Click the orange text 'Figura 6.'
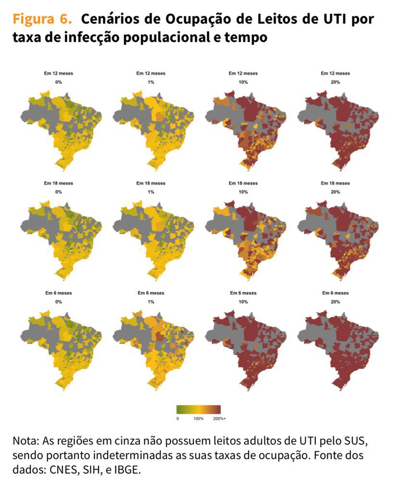pos(42,19)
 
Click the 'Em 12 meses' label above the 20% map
pos(335,74)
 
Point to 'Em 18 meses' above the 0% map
pos(59,183)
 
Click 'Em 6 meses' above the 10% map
pos(243,293)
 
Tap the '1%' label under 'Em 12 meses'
pos(151,82)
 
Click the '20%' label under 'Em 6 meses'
pos(335,302)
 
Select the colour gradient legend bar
pos(198,409)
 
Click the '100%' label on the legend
pos(198,419)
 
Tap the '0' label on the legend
pos(178,419)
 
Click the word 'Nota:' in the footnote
pos(27,441)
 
